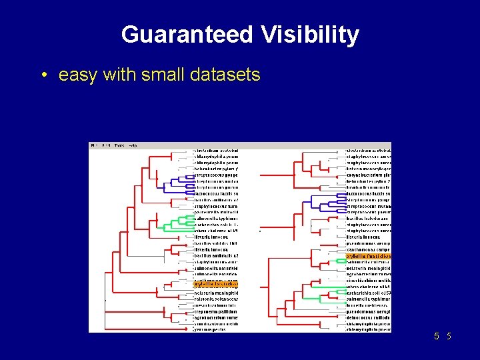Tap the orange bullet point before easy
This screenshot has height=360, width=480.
click(43, 75)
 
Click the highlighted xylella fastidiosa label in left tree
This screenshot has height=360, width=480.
click(215, 284)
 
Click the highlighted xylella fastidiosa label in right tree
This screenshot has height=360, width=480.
click(369, 256)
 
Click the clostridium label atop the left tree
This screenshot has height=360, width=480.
click(215, 151)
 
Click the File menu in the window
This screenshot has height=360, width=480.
click(94, 145)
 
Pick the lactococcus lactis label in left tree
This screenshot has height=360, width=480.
click(215, 194)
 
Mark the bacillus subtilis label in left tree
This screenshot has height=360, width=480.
click(215, 243)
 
